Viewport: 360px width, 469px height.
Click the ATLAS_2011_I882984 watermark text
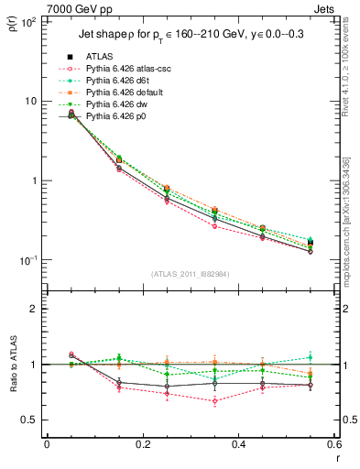click(x=191, y=272)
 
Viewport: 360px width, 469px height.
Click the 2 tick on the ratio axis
click(x=33, y=309)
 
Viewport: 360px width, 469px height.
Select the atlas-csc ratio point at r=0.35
click(x=214, y=400)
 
